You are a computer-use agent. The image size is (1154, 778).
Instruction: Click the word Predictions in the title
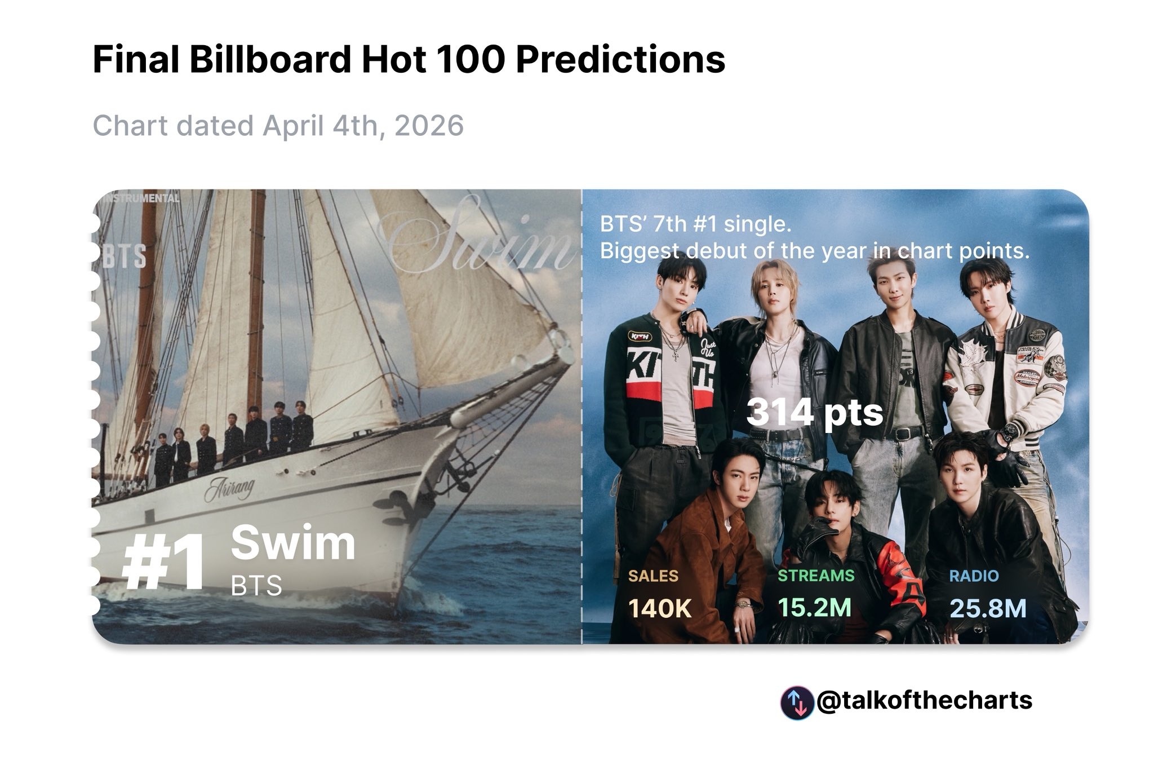[x=620, y=60]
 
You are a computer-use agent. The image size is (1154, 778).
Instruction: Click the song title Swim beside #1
[x=293, y=542]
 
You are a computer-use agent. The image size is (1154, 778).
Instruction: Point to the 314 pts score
[x=814, y=413]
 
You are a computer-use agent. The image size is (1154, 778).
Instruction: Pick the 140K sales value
[x=659, y=608]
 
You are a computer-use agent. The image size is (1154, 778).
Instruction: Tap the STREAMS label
[x=815, y=576]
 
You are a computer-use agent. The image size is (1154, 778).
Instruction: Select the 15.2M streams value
[x=814, y=607]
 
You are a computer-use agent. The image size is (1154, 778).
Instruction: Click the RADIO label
[x=973, y=576]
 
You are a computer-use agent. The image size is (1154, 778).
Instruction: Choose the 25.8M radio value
[x=987, y=608]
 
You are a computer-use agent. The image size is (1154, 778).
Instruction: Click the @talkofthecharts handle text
[x=924, y=701]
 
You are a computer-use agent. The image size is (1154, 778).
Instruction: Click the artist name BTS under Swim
[x=256, y=586]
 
